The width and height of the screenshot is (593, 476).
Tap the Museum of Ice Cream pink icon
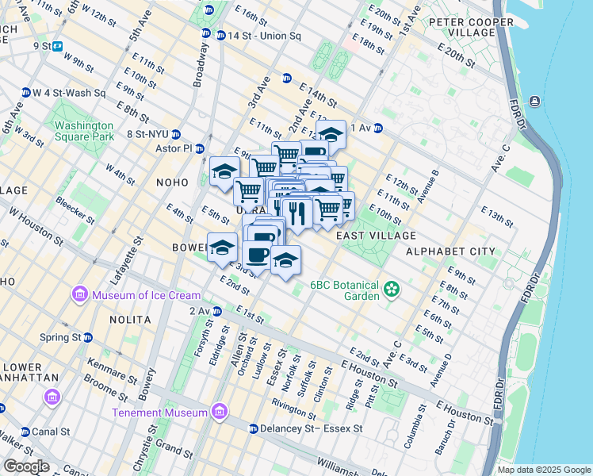(80, 296)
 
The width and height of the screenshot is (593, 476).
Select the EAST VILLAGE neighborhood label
(375, 236)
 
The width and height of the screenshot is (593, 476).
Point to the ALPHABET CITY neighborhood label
(450, 251)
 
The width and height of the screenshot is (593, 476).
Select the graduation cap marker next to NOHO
(224, 172)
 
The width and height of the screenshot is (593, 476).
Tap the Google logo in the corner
(26, 466)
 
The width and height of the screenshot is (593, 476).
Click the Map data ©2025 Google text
(544, 470)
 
